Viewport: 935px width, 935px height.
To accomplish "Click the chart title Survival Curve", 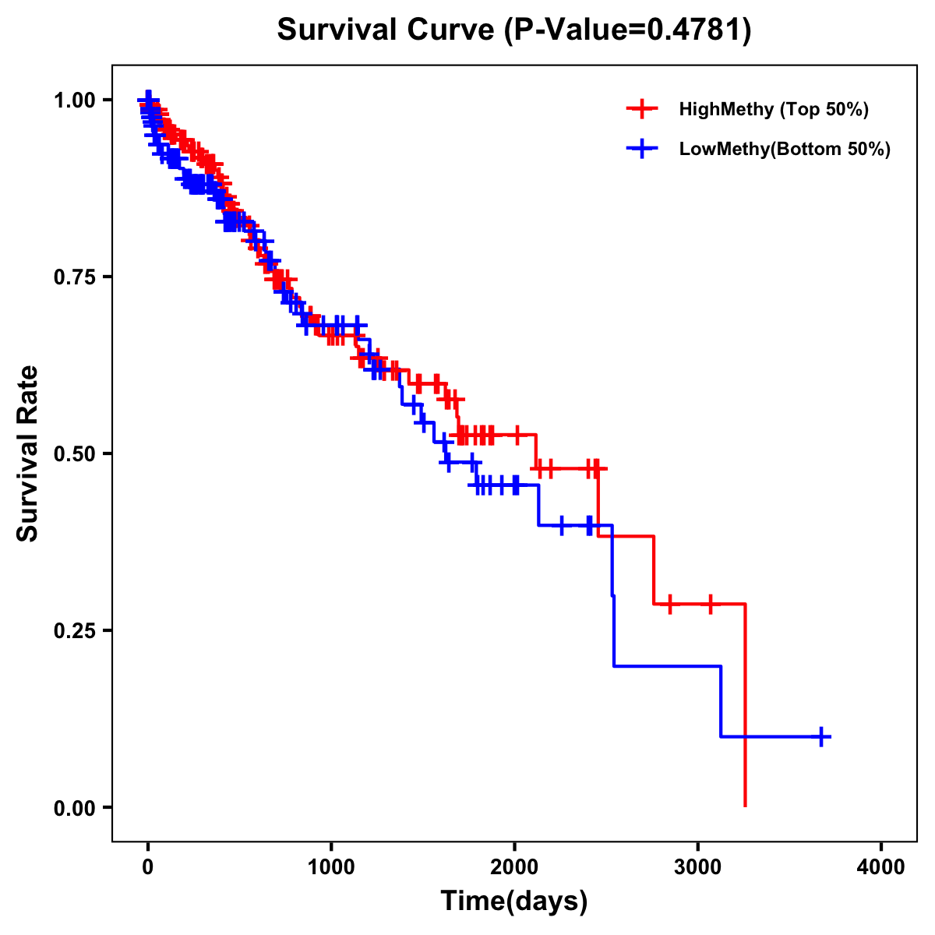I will click(x=385, y=30).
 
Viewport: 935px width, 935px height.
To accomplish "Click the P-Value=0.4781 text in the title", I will click(x=628, y=30).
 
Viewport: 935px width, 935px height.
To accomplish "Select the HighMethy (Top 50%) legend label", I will click(x=773, y=109).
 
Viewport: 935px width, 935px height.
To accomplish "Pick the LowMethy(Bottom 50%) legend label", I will click(x=785, y=149).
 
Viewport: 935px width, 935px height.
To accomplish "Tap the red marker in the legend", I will click(x=642, y=109).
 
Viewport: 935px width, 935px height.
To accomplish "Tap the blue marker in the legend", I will click(x=642, y=149).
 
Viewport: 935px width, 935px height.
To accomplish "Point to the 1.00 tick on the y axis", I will click(x=74, y=100).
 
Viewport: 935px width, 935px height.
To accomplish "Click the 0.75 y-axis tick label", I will click(x=74, y=277).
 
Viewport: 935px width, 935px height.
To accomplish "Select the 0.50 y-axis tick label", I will click(x=74, y=453).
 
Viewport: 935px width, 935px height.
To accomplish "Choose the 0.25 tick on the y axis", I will click(x=74, y=630).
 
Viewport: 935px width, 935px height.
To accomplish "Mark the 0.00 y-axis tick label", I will click(x=74, y=807).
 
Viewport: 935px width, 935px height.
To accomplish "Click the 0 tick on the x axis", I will click(x=148, y=867).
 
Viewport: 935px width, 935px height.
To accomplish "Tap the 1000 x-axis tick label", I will click(x=331, y=867).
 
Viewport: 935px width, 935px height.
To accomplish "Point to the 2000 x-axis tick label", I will click(x=514, y=867).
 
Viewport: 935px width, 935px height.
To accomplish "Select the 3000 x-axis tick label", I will click(x=698, y=867).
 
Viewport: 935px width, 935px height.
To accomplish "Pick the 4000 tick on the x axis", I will click(x=881, y=867).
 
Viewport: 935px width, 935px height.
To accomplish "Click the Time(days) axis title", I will click(x=514, y=901).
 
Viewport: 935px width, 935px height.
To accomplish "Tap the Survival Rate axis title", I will click(x=28, y=453).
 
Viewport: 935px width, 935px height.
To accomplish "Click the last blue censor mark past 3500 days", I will click(x=821, y=736).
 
